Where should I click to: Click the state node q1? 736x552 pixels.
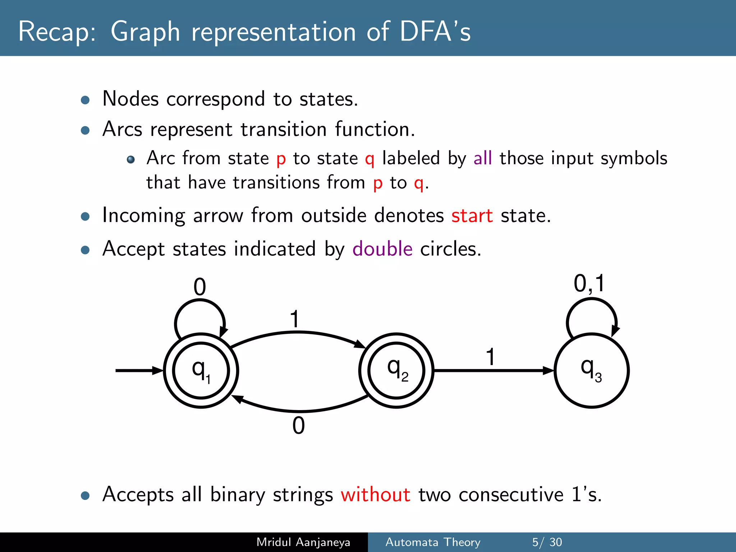pos(201,371)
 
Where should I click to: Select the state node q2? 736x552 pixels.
pos(396,371)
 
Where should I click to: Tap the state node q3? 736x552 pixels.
pos(591,371)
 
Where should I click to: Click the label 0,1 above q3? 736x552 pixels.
pos(589,284)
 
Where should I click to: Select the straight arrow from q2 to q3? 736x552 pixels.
pos(492,370)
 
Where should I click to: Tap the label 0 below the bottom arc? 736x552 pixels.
pos(298,425)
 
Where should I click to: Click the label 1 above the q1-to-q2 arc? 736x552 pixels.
pos(295,319)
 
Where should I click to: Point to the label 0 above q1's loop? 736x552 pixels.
pos(200,287)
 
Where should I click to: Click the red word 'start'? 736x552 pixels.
pos(472,216)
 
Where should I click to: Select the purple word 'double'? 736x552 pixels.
pos(382,249)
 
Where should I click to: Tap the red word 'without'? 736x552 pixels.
pos(375,494)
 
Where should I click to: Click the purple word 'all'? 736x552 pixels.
pos(482,158)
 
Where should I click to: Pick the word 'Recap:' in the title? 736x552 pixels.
pos(57,32)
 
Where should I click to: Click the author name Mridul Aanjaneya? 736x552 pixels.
pos(303,542)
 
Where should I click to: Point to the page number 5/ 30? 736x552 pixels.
pos(547,542)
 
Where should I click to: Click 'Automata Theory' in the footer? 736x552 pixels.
pos(433,542)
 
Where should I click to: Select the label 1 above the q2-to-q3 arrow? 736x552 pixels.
pos(490,356)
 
